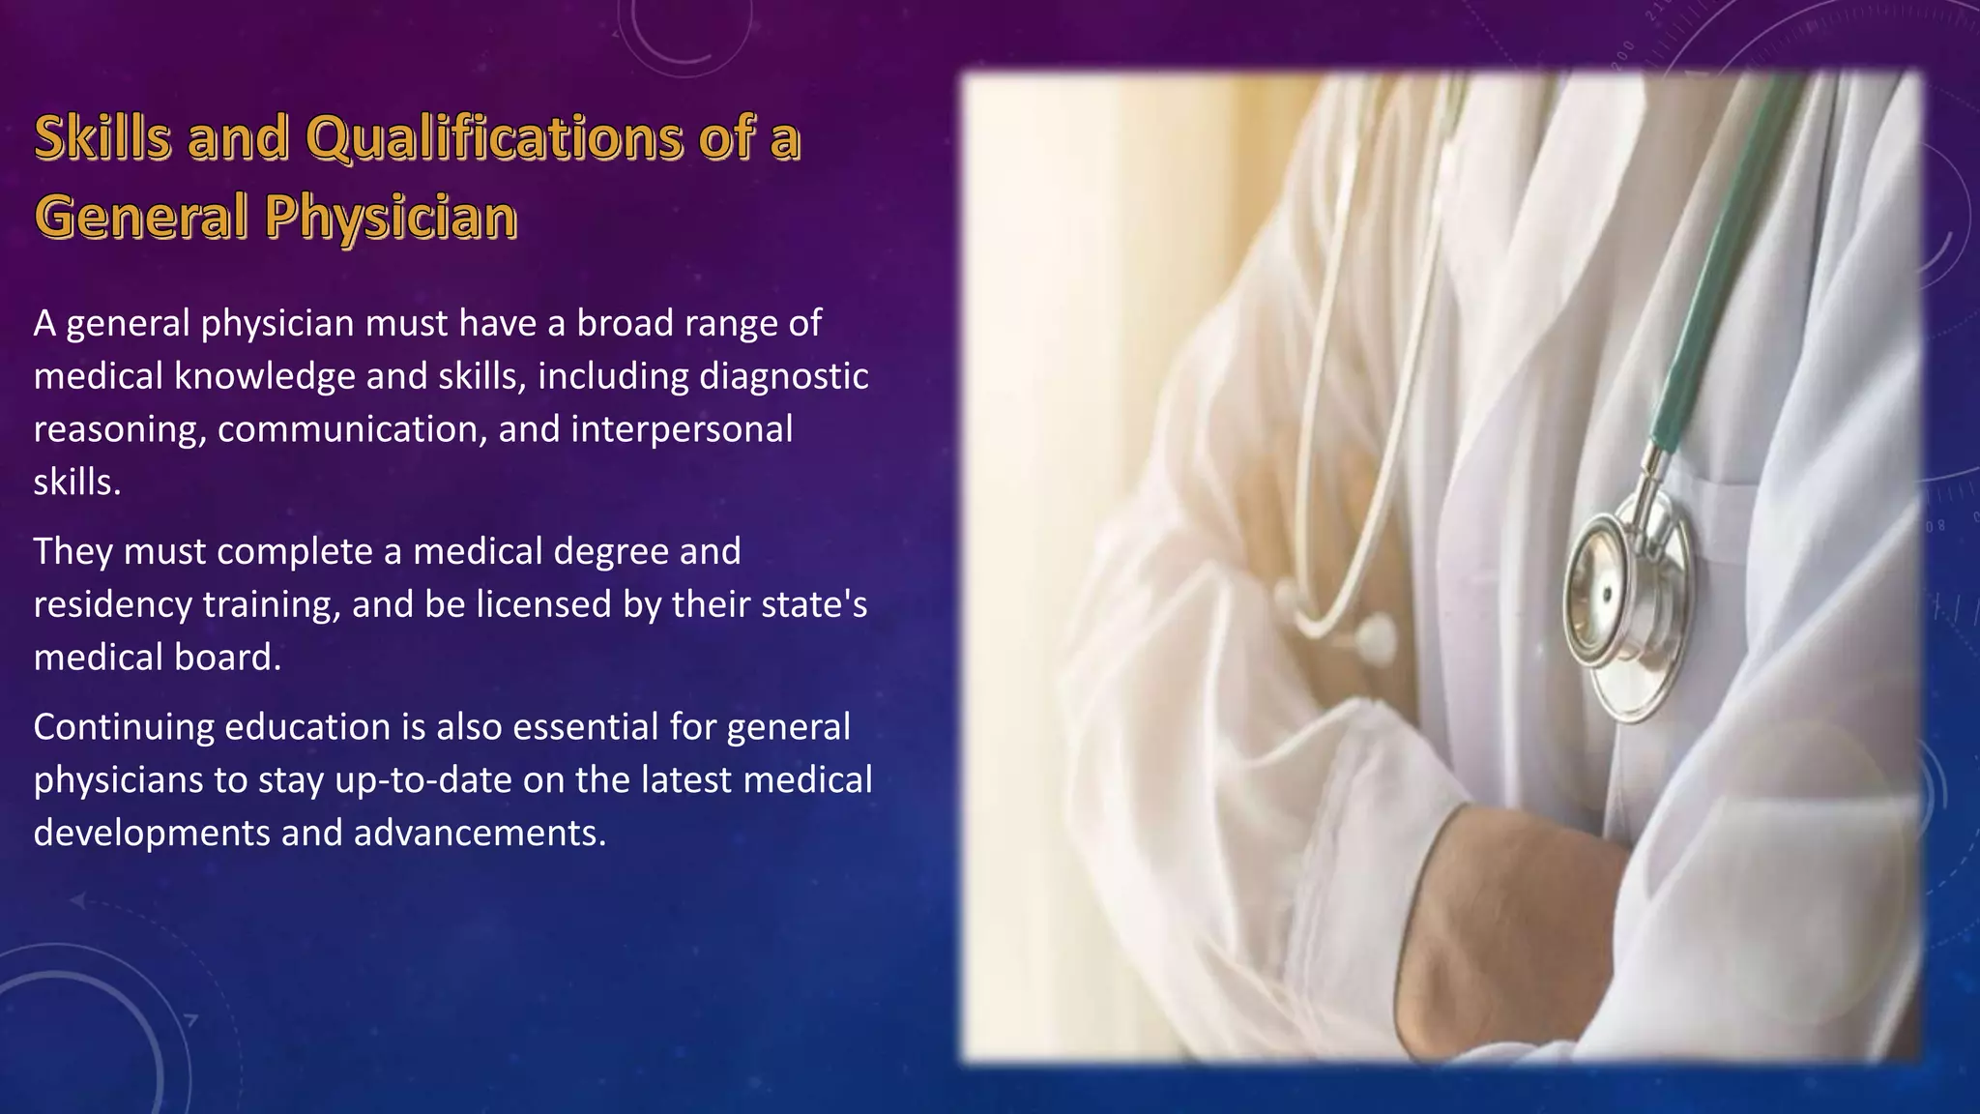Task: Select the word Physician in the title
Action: pos(392,217)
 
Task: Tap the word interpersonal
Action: pos(682,429)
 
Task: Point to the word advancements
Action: pos(480,833)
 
